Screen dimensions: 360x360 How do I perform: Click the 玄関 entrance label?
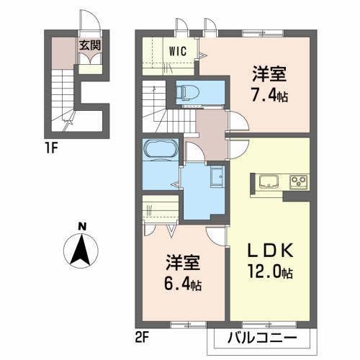pos(90,45)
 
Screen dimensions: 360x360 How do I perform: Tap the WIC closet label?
pos(179,51)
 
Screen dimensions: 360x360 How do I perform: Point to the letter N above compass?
pos(83,227)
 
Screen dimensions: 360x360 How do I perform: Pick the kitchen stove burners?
pos(299,180)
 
